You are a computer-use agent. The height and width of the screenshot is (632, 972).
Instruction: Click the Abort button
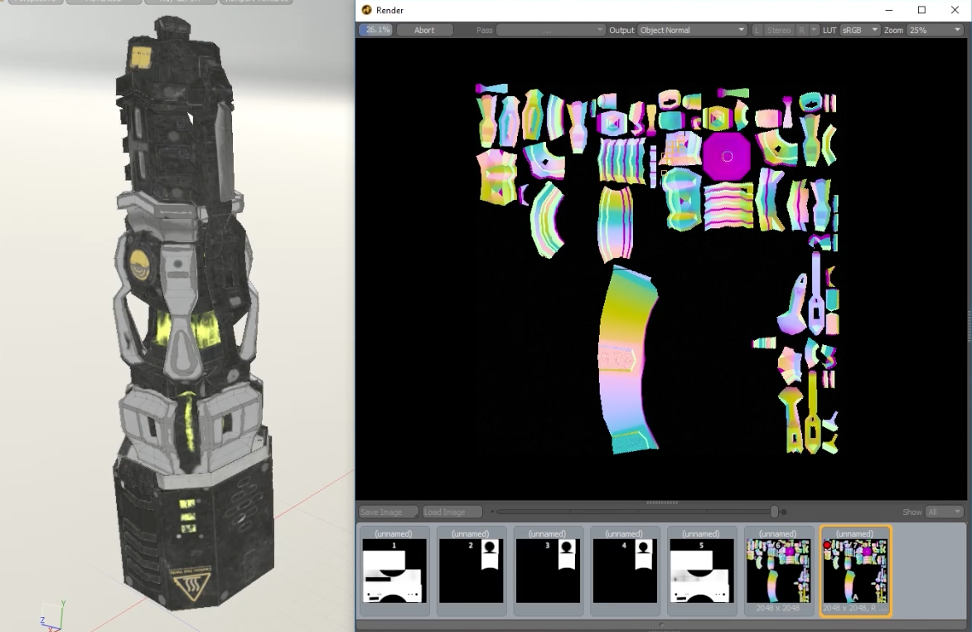coord(424,30)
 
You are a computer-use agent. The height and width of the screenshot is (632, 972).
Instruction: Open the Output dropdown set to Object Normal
coord(692,30)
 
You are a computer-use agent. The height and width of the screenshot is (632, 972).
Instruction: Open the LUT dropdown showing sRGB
coord(859,30)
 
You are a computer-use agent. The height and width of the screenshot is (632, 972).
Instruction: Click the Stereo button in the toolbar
coord(778,30)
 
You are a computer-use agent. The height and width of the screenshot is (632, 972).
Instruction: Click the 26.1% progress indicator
coord(375,30)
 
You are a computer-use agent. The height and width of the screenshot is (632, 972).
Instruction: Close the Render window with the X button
coord(955,10)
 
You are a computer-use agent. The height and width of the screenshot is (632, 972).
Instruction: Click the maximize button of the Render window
coord(921,10)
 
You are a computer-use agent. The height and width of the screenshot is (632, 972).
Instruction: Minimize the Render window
coord(888,10)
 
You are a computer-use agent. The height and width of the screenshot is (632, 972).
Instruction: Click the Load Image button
coord(452,512)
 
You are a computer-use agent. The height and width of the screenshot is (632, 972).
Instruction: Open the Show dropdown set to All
coord(944,512)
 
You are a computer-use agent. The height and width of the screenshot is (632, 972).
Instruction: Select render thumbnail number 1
coord(394,571)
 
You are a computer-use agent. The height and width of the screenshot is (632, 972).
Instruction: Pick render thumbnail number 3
coord(547,571)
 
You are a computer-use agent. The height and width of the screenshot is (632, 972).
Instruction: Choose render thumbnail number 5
coord(701,571)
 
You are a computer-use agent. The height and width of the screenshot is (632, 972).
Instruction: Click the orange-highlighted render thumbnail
coord(855,571)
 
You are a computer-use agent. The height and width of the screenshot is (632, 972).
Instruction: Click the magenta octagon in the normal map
coord(727,156)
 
